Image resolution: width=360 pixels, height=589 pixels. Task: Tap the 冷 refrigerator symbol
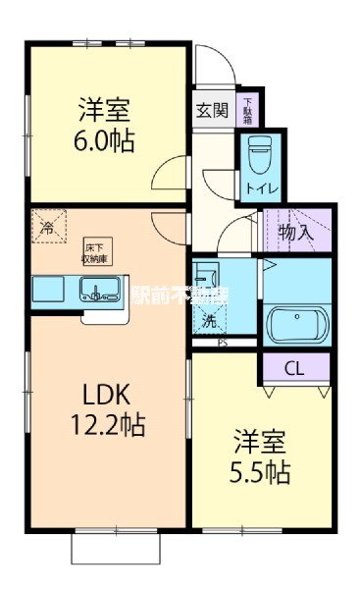tap(47, 226)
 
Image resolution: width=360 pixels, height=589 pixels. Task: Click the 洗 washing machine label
tap(209, 319)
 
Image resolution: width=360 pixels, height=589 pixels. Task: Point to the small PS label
tap(223, 343)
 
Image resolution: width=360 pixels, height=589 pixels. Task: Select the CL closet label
tap(293, 369)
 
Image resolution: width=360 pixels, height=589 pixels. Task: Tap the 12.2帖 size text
tap(105, 426)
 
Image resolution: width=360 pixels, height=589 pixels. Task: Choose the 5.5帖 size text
tap(260, 472)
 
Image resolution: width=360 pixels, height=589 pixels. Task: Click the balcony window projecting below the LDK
tap(115, 547)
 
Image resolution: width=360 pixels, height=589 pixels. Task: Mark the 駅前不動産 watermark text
tap(180, 294)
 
